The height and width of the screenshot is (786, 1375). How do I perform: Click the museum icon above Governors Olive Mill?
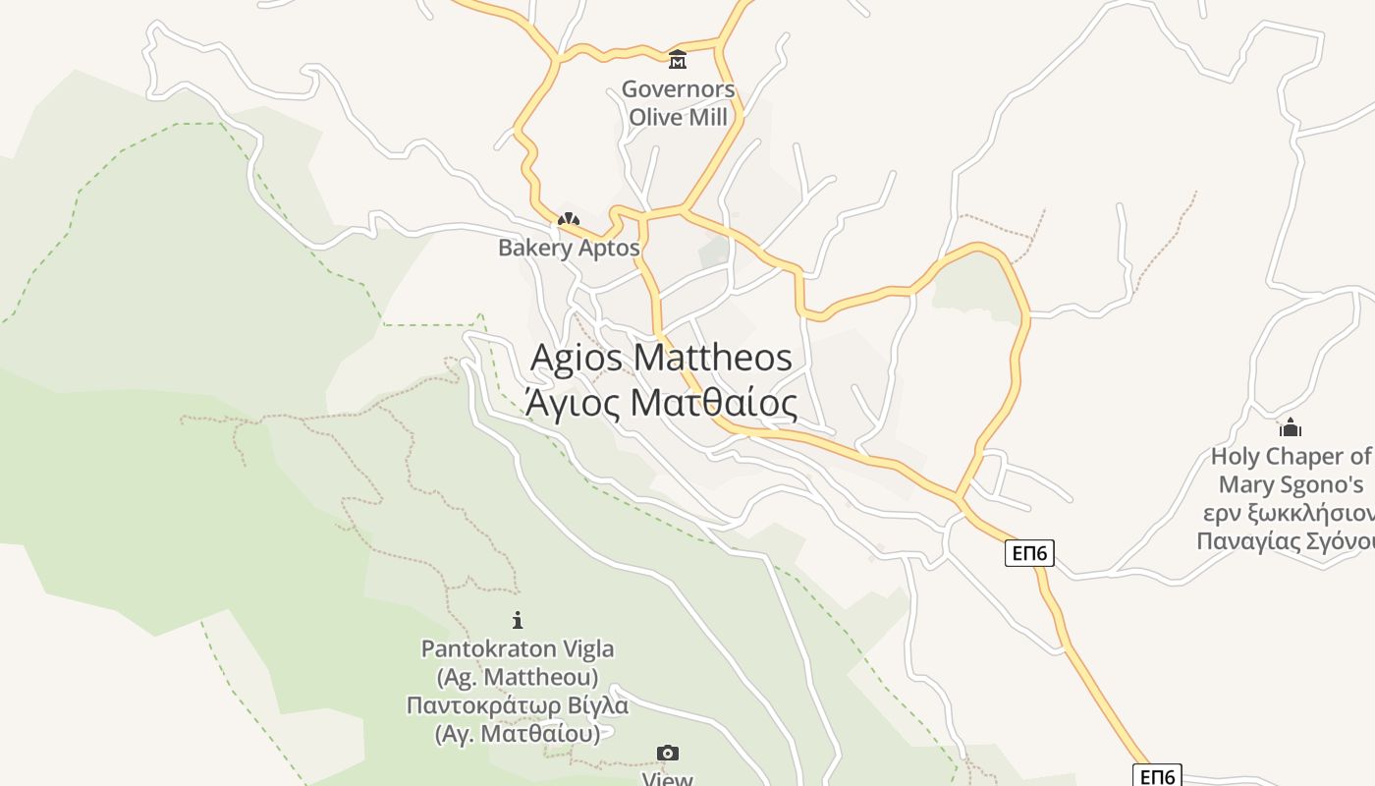click(x=678, y=61)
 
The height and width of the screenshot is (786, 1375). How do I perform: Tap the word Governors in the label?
click(x=678, y=89)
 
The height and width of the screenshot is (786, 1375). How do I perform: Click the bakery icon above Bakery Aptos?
click(x=569, y=219)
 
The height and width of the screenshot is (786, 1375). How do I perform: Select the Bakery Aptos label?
click(x=569, y=248)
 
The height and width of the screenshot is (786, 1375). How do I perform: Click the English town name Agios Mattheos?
click(x=661, y=357)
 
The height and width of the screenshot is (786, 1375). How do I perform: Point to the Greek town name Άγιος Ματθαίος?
click(x=661, y=402)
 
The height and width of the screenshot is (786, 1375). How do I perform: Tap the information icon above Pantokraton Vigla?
click(x=518, y=620)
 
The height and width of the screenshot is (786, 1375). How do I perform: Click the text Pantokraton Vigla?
click(x=518, y=648)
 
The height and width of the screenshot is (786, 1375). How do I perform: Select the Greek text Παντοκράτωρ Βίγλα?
click(x=518, y=705)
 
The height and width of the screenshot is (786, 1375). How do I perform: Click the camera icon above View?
click(x=668, y=754)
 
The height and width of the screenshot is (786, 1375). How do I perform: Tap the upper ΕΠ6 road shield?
click(x=1030, y=554)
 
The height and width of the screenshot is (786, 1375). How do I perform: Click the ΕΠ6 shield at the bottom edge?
click(x=1157, y=776)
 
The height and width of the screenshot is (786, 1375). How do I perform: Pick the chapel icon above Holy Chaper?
click(x=1290, y=427)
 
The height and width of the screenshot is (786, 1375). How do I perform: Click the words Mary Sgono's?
click(x=1291, y=484)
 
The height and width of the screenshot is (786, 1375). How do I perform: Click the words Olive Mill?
click(x=678, y=117)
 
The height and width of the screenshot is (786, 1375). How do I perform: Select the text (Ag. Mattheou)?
click(x=518, y=677)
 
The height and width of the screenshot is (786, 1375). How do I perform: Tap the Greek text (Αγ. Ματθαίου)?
click(x=518, y=733)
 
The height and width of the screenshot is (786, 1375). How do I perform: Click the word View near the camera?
click(x=668, y=779)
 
